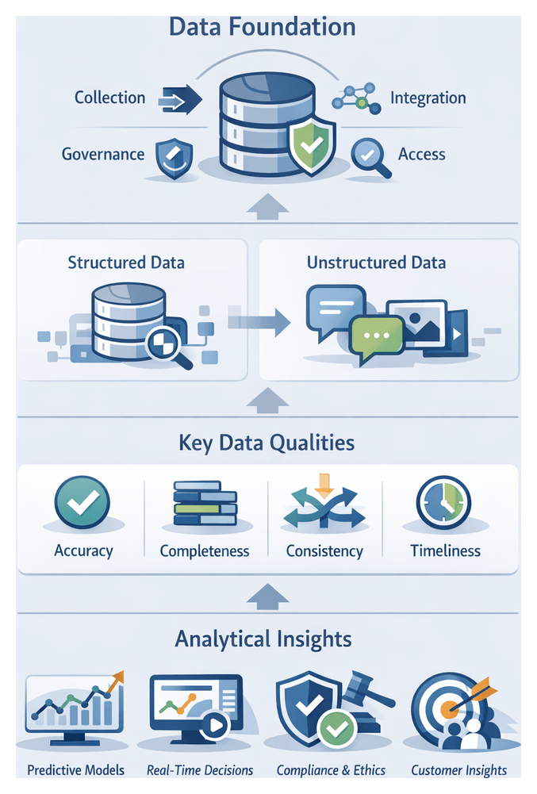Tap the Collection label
pyautogui.click(x=110, y=98)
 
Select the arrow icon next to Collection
pyautogui.click(x=180, y=100)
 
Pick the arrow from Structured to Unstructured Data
pyautogui.click(x=259, y=320)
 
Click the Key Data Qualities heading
pyautogui.click(x=267, y=442)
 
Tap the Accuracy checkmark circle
pyautogui.click(x=83, y=501)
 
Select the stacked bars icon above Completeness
pyautogui.click(x=205, y=503)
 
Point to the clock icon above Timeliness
pyautogui.click(x=443, y=501)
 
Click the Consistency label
pyautogui.click(x=324, y=550)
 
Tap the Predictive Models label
pyautogui.click(x=75, y=769)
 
